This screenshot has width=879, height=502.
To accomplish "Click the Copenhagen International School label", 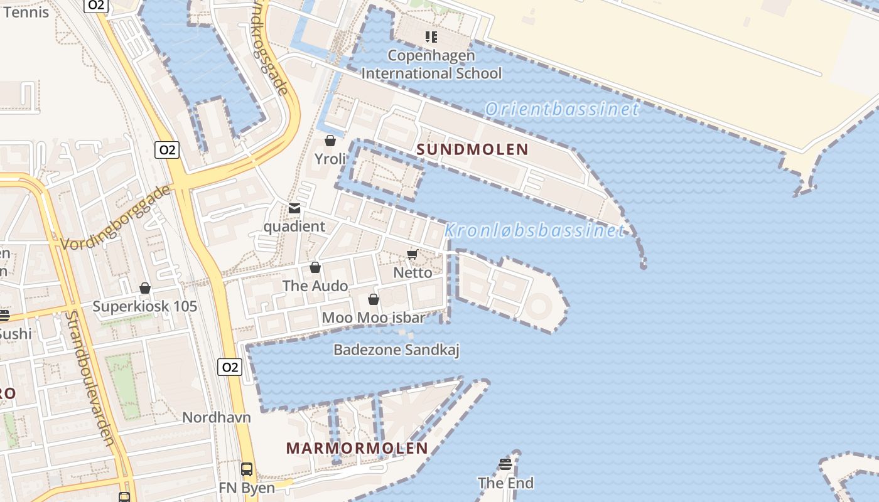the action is tap(431, 65).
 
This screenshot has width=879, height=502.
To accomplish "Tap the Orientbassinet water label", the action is tap(562, 109).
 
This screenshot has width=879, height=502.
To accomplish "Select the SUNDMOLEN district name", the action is tap(473, 149).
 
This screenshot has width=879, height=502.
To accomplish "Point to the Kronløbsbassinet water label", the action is tap(535, 231).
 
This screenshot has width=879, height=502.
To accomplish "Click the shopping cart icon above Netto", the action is tap(413, 254).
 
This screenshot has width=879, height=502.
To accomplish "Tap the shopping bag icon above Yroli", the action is tap(330, 141).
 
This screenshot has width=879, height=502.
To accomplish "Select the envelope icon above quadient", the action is tap(294, 208).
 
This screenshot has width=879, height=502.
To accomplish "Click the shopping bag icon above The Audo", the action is tap(315, 268).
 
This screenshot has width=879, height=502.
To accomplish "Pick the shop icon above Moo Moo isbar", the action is tap(374, 299).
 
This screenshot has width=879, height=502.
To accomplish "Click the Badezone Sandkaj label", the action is tap(396, 350).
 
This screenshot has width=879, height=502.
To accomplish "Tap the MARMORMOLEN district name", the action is tap(357, 448).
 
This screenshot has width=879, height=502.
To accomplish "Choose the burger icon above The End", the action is tap(505, 464).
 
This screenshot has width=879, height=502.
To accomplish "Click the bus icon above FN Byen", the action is tap(247, 469).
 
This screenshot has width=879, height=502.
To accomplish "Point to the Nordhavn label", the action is tap(217, 417).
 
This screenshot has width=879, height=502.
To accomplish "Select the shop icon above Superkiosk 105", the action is tap(145, 288).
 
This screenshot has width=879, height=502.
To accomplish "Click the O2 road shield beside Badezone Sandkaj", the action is tap(230, 367).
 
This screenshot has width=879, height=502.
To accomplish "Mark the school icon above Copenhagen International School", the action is tap(431, 37).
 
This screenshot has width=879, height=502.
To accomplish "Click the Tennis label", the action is tap(26, 11).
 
